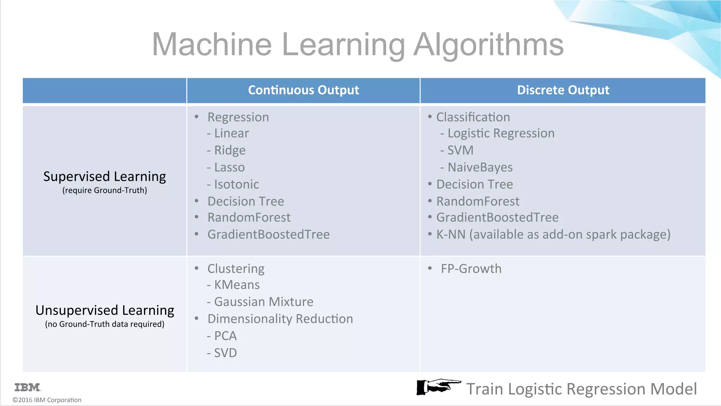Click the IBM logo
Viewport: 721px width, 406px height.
[x=28, y=387]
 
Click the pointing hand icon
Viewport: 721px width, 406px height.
[x=438, y=387]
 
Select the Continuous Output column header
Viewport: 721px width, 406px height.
[x=303, y=90]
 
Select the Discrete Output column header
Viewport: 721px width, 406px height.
[x=563, y=90]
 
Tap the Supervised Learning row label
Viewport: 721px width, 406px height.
[x=105, y=177]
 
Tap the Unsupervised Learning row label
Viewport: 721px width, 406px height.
[x=105, y=310]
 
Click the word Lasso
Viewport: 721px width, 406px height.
[x=229, y=167]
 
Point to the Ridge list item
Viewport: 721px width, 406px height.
[x=230, y=150]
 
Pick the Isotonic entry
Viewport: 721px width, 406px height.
[x=236, y=184]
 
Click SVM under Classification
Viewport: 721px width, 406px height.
[x=460, y=150]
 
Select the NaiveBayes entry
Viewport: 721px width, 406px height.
[x=480, y=167]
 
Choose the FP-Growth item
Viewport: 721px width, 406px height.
[x=471, y=269]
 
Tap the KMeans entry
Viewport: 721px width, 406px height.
[x=237, y=285]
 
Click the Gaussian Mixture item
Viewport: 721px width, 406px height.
[x=263, y=302]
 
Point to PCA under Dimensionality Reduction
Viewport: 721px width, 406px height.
[x=225, y=336]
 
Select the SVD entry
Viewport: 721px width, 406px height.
[x=225, y=353]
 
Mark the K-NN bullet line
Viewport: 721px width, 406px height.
[x=553, y=234]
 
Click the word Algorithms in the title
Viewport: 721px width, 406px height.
[x=488, y=45]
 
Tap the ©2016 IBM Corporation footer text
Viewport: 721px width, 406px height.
[x=47, y=400]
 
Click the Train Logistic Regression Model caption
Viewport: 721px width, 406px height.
[x=581, y=389]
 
